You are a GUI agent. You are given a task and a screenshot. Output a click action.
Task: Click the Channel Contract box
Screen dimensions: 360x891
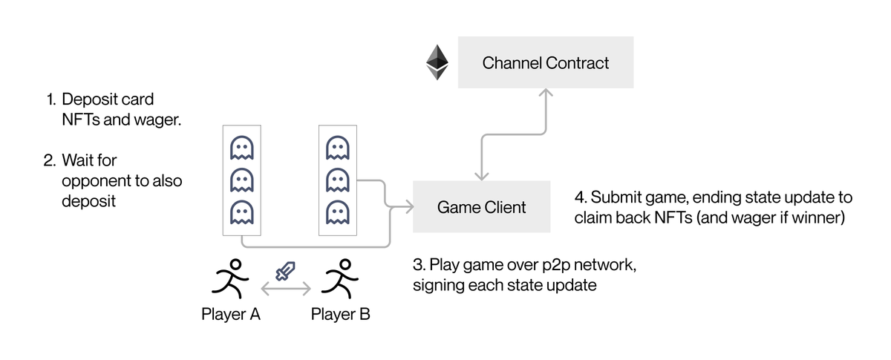point(545,63)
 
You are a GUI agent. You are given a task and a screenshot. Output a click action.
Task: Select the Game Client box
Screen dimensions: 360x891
point(481,206)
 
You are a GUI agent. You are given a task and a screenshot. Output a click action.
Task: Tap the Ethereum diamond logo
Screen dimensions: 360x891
point(437,63)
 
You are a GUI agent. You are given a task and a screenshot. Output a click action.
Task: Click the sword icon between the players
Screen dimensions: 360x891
point(284,272)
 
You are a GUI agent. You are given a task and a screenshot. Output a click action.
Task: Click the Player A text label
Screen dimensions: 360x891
point(230,314)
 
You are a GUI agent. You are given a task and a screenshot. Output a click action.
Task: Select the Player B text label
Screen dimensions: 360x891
point(340,314)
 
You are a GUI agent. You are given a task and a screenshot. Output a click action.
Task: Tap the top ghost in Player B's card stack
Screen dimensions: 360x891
point(337,148)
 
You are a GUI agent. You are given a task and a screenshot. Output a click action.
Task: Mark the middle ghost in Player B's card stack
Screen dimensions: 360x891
point(337,180)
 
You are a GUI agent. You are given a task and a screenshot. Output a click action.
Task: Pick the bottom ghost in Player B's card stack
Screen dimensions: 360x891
point(337,212)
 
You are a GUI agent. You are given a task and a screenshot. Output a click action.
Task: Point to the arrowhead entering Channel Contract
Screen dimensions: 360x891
point(546,93)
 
